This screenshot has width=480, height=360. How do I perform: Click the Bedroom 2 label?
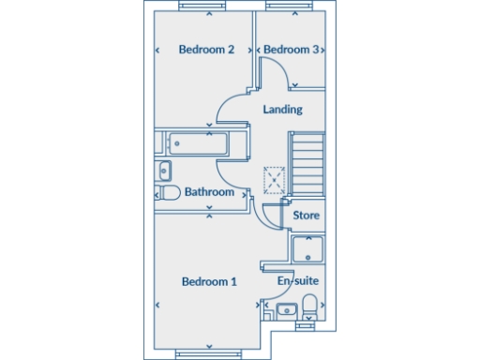coord(206,50)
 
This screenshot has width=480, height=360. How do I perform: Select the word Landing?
coord(282,110)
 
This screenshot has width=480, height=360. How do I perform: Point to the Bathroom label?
coord(209,192)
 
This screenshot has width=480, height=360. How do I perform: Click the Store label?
coord(307,216)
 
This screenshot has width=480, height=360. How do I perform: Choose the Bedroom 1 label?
coord(209,281)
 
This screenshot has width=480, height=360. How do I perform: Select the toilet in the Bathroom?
coord(168,193)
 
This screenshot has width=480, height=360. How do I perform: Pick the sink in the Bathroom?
coord(164,171)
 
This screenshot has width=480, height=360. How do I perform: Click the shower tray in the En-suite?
coord(307,249)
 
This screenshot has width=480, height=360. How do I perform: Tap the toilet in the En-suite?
coord(309,305)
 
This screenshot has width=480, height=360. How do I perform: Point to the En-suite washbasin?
coord(287,309)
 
